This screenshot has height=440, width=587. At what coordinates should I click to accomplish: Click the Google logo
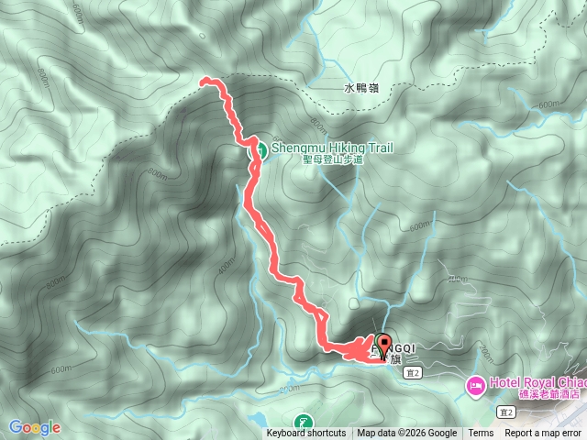(35, 427)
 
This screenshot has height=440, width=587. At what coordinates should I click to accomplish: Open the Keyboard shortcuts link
(306, 434)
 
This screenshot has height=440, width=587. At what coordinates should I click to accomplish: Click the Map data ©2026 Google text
(407, 434)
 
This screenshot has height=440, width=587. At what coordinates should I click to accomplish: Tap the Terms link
(481, 434)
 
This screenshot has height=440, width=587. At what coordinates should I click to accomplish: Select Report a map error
(544, 434)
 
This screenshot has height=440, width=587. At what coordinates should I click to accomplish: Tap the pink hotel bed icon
(476, 384)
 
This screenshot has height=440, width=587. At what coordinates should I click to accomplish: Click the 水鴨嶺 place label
(361, 89)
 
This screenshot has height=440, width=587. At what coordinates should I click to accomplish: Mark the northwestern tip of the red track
(202, 82)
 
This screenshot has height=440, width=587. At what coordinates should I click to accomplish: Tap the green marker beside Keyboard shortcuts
(303, 423)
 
